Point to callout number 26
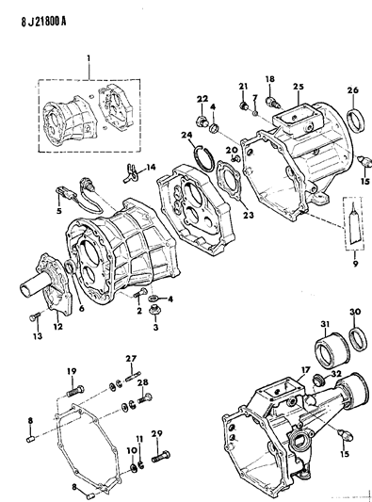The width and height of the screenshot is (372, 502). [354, 91]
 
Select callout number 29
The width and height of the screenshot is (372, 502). [156, 431]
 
